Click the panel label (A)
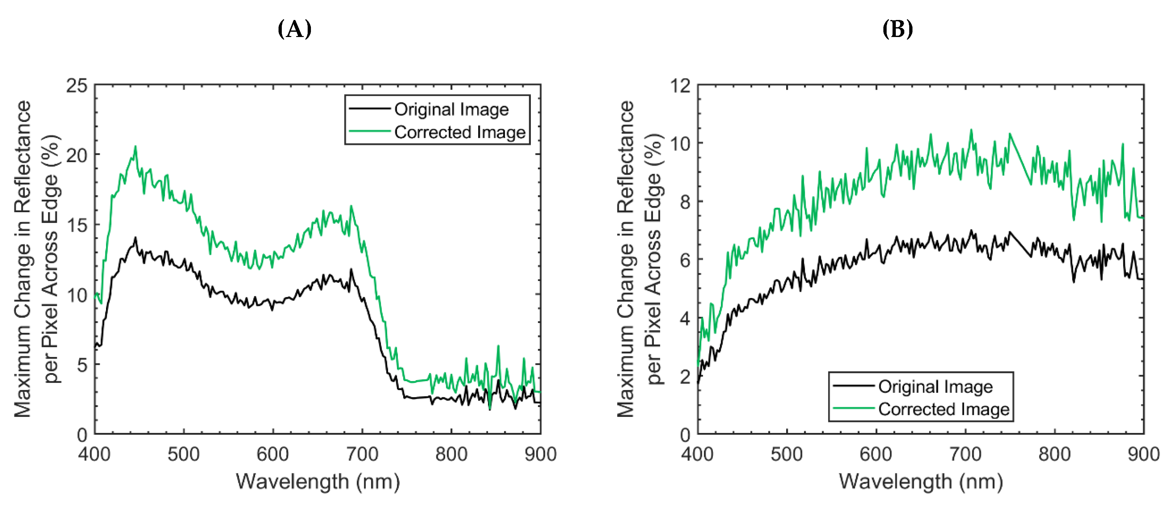(x=295, y=29)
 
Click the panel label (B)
(x=897, y=29)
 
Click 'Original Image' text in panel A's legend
(x=451, y=109)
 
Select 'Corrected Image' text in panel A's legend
(x=460, y=132)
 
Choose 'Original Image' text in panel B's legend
(x=935, y=386)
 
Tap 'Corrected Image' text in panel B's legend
(x=943, y=409)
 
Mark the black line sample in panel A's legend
(x=369, y=108)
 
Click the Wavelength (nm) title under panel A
(x=318, y=482)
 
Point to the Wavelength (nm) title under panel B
(x=921, y=482)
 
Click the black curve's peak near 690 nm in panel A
(x=351, y=270)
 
